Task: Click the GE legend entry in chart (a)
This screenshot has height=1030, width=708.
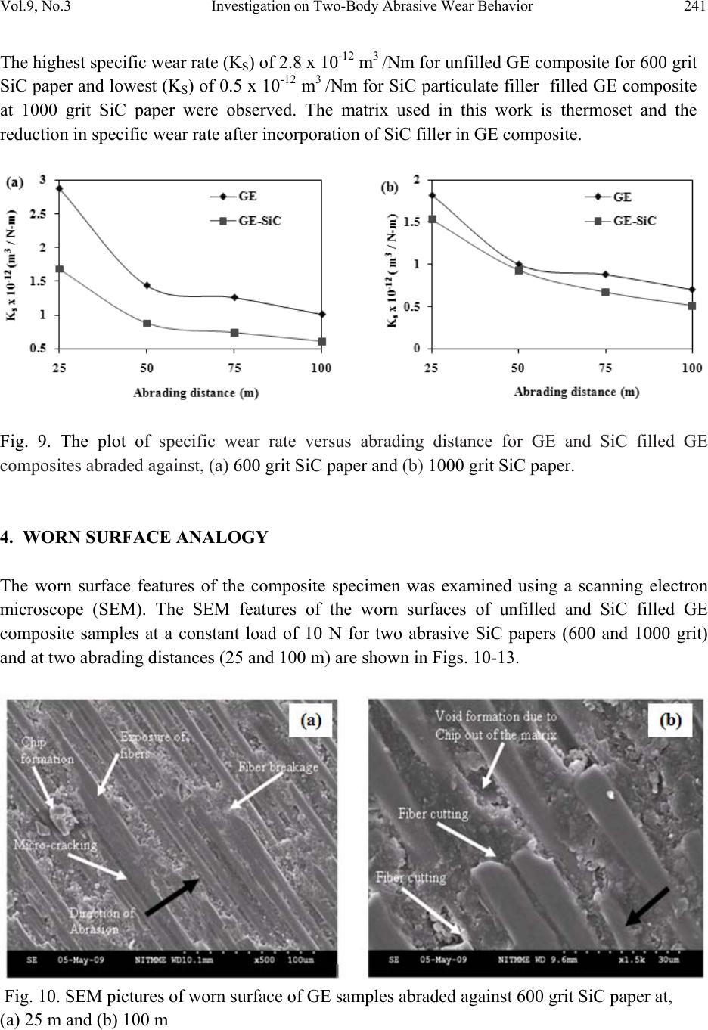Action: point(247,197)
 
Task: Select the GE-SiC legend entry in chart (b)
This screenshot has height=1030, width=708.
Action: point(634,222)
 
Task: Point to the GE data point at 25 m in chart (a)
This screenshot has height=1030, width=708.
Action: point(59,188)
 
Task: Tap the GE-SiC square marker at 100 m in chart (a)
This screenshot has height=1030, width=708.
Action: point(322,342)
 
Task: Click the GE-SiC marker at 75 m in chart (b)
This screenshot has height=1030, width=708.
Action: point(605,292)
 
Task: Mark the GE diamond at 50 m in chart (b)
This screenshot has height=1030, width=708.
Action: point(518,265)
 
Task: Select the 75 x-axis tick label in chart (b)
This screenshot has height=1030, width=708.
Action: point(605,368)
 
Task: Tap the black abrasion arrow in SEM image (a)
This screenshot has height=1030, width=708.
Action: point(172,897)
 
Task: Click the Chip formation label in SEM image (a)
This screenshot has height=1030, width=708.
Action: point(48,751)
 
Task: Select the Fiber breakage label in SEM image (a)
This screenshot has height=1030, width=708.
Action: point(278,767)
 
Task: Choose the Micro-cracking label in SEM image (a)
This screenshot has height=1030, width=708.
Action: point(55,844)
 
